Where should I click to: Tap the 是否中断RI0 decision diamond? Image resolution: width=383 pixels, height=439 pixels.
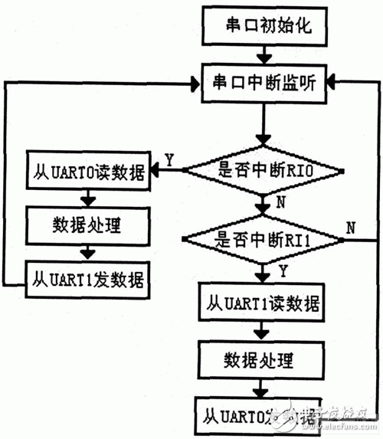[x=263, y=169]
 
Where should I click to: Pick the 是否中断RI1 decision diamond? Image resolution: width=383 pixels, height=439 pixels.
[x=263, y=241]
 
